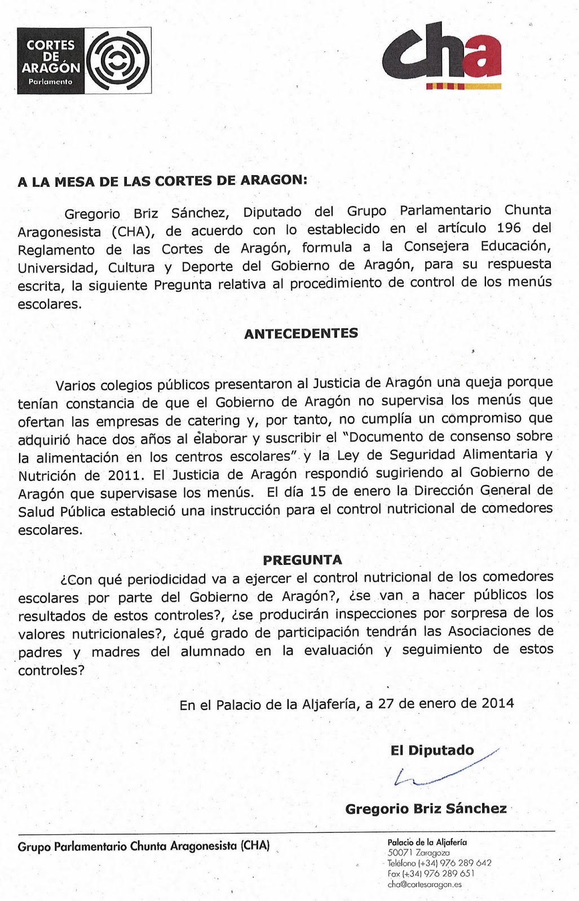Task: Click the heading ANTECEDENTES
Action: (x=301, y=333)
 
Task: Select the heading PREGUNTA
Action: (x=302, y=560)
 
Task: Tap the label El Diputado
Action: (x=432, y=750)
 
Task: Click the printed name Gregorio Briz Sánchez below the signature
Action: (x=426, y=809)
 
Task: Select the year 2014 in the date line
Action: (x=498, y=703)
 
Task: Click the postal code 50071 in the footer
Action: (x=400, y=853)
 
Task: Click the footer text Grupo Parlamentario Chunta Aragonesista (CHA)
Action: (x=144, y=846)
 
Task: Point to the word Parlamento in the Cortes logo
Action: (x=51, y=82)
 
